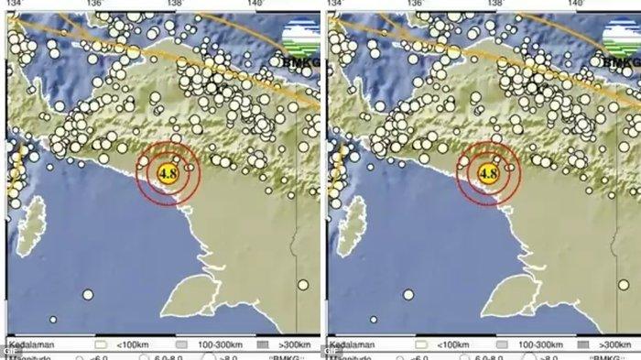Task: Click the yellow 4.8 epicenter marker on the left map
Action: [x=168, y=171]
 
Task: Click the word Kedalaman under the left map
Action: [x=31, y=345]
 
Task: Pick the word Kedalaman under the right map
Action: [x=352, y=345]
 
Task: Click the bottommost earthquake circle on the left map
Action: [x=53, y=321]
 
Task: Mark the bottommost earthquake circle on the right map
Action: [x=373, y=321]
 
